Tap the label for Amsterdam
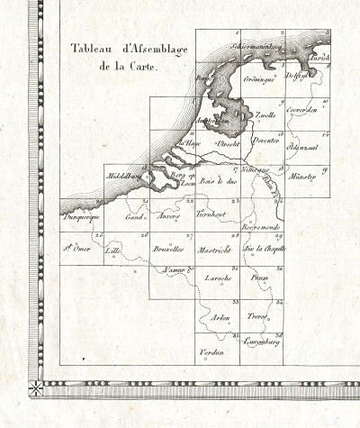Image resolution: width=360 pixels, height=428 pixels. coord(216,120)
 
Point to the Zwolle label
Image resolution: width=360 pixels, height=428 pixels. coord(265,116)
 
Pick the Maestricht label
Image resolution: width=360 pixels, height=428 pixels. coord(217,247)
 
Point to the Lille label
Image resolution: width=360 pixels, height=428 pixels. coord(112,247)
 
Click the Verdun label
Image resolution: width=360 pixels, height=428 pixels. coord(211,351)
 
